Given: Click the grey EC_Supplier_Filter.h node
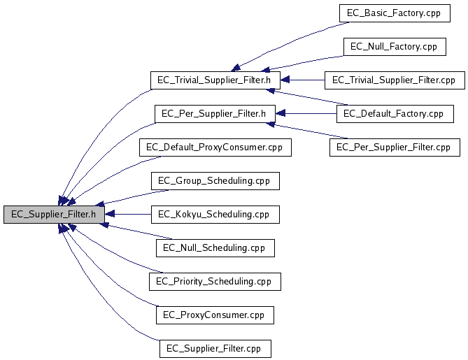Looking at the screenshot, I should click(54, 214).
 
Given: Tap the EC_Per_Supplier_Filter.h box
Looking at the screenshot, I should click(215, 113).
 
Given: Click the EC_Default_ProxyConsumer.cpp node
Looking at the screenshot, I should click(215, 147).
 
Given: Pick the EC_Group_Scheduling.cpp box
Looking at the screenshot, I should click(215, 180).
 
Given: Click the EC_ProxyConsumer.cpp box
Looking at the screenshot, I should click(215, 315).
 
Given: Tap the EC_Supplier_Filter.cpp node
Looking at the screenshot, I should click(215, 348).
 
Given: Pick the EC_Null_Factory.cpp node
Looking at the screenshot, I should click(394, 46).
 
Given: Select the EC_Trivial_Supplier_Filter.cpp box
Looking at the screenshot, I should click(394, 80).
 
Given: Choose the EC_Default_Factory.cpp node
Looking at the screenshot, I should click(394, 113).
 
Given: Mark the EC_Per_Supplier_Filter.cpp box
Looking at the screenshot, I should click(394, 147).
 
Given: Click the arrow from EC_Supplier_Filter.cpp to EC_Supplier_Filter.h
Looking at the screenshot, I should click(105, 294).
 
